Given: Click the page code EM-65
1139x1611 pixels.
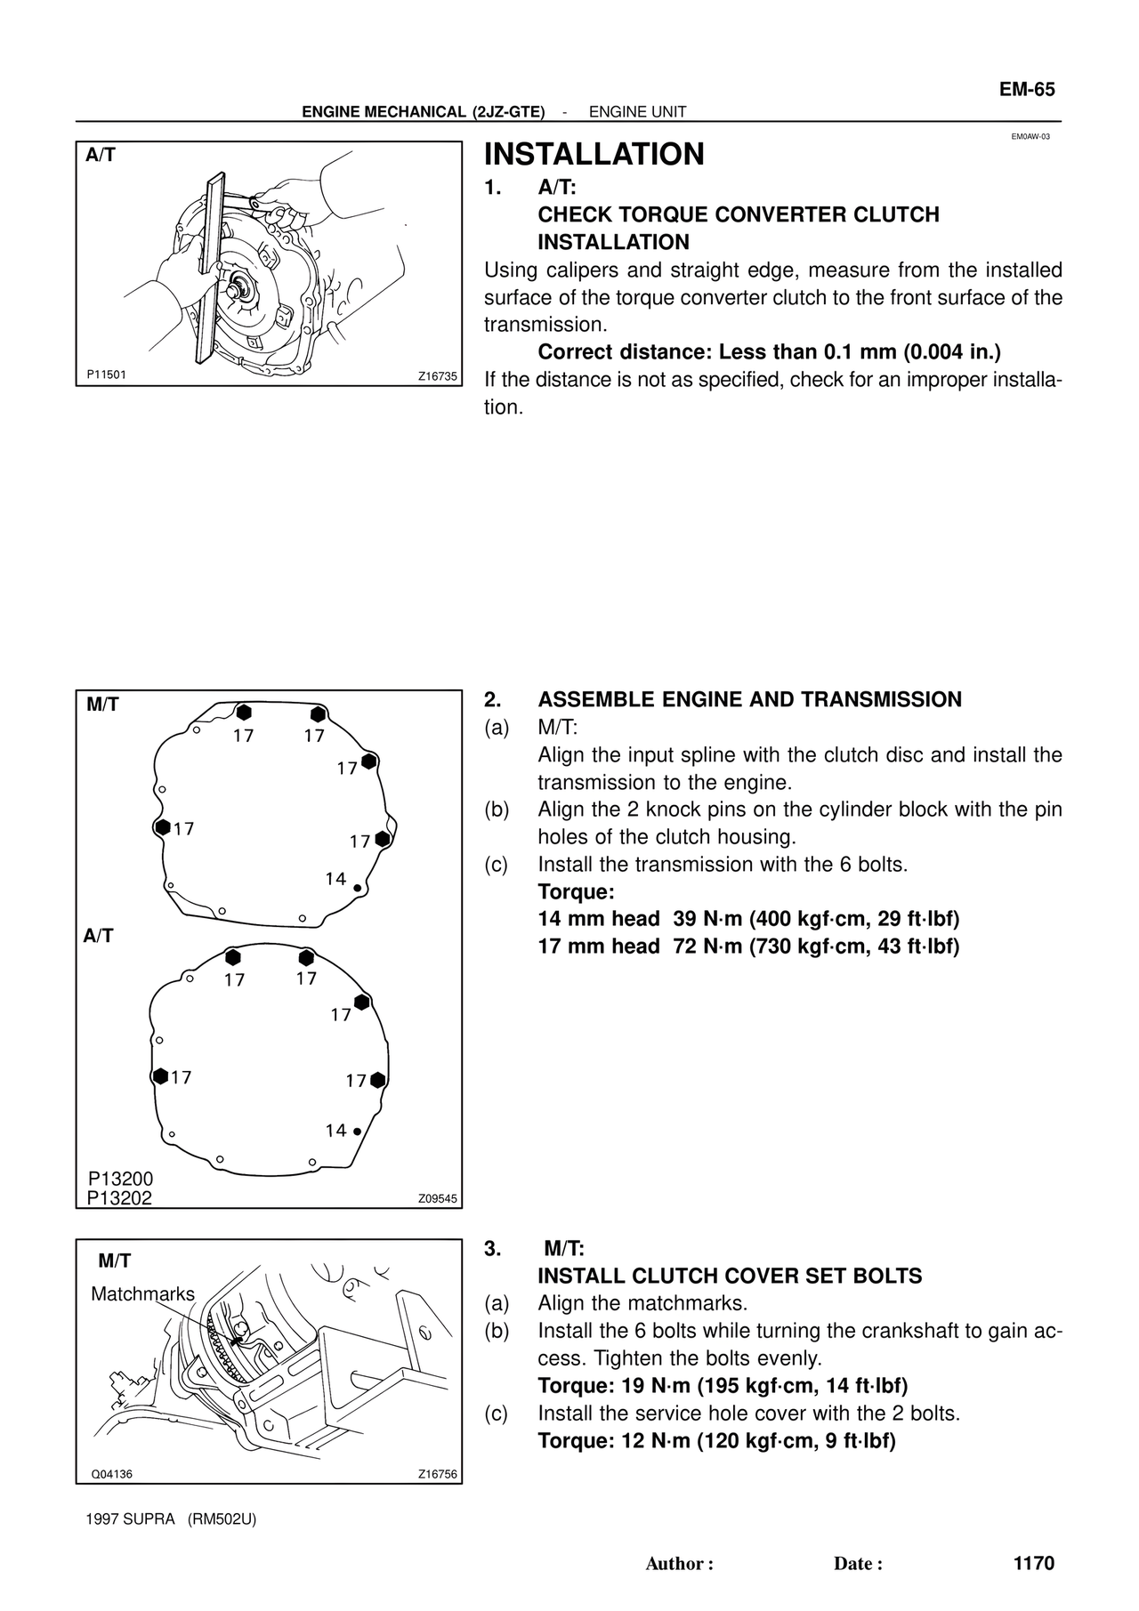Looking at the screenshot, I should pyautogui.click(x=1027, y=89).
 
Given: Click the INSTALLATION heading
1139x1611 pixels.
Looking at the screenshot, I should pyautogui.click(x=594, y=154).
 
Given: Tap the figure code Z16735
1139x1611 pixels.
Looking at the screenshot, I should pyautogui.click(x=437, y=376).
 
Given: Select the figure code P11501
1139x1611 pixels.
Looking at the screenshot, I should pyautogui.click(x=107, y=375).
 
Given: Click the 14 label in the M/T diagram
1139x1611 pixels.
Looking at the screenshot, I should pyautogui.click(x=335, y=879).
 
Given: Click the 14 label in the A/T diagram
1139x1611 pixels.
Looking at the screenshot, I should pyautogui.click(x=335, y=1131).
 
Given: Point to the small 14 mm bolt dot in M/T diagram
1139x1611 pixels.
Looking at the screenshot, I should pyautogui.click(x=357, y=888).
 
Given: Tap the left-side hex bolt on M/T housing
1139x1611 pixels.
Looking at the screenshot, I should pyautogui.click(x=162, y=826).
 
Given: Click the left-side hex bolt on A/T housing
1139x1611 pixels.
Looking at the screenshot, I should pyautogui.click(x=160, y=1076).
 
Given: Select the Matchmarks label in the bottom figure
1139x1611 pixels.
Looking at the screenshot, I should pyautogui.click(x=142, y=1294).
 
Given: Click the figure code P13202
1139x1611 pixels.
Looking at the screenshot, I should pyautogui.click(x=120, y=1198).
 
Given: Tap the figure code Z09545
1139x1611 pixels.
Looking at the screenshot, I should pyautogui.click(x=437, y=1198).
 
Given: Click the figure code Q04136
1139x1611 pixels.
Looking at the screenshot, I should pyautogui.click(x=112, y=1474).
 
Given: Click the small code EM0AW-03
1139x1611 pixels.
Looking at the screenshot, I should pyautogui.click(x=1030, y=137).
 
